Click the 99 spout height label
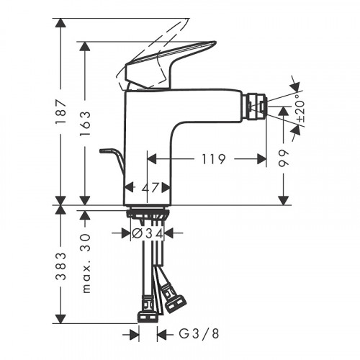click(285, 158)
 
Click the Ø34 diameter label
click(148, 233)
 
